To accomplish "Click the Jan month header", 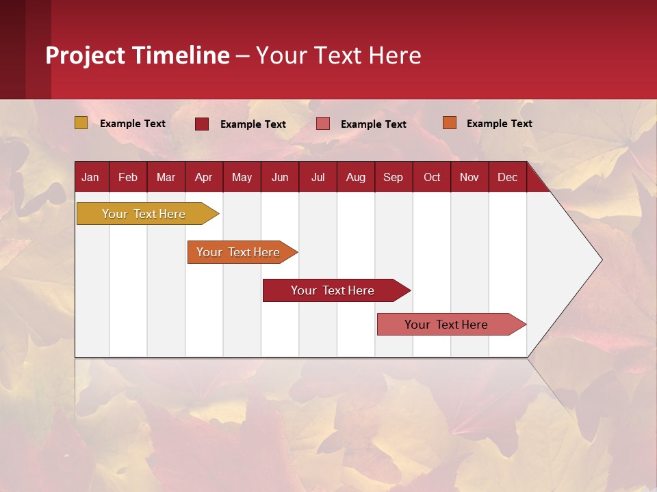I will [x=91, y=177].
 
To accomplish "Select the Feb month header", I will [x=128, y=177].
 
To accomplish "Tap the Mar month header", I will [x=166, y=177].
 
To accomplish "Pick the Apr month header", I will [x=204, y=177].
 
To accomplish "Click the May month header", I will [x=242, y=177].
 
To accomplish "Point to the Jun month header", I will [x=280, y=177].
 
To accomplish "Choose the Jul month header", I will [x=318, y=177].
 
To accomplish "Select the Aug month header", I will [x=356, y=177].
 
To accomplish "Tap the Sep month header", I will [x=394, y=177].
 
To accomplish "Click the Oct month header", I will [x=432, y=177].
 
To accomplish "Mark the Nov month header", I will [x=469, y=177].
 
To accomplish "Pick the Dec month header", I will [x=508, y=177].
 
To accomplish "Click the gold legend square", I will [x=81, y=123].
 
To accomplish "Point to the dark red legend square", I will [x=202, y=124].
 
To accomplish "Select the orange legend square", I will [x=450, y=123].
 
